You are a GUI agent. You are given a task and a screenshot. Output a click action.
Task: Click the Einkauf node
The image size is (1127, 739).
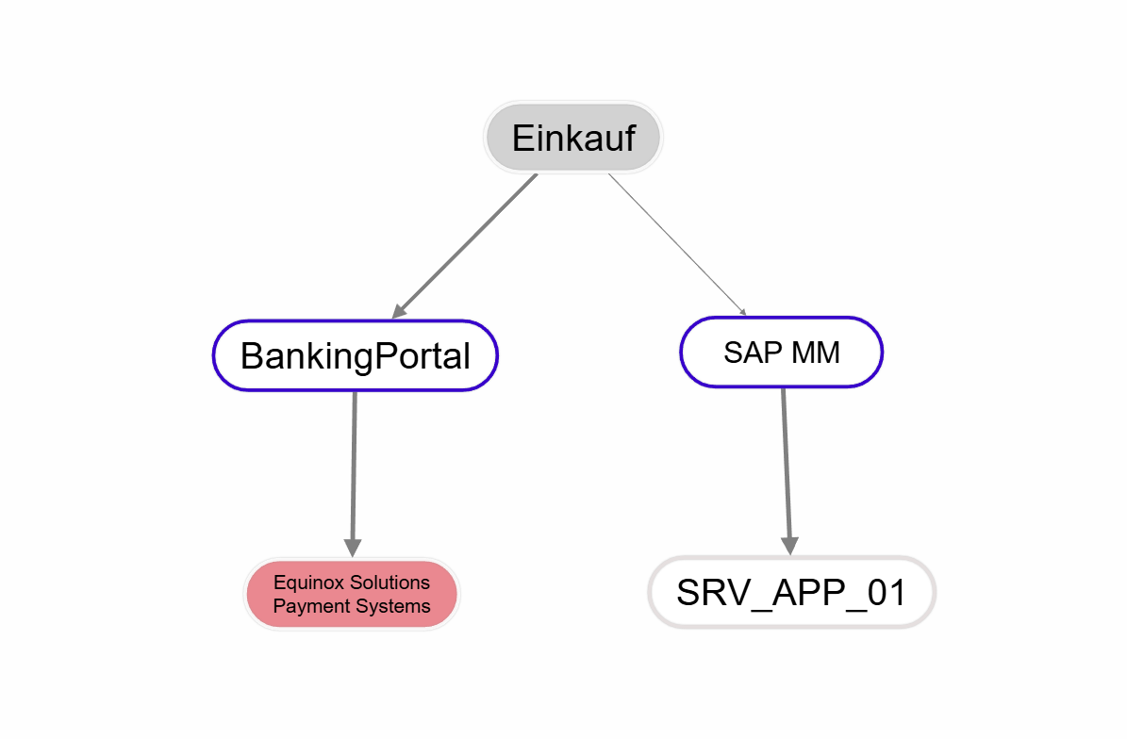click(573, 138)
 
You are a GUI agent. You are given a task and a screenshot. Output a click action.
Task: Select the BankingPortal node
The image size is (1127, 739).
click(355, 355)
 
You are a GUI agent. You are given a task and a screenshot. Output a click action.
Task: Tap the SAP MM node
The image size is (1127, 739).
click(781, 352)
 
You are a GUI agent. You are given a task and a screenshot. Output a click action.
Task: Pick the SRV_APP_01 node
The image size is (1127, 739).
click(791, 592)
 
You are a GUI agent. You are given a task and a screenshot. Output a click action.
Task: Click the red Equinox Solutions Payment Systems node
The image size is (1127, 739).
click(352, 594)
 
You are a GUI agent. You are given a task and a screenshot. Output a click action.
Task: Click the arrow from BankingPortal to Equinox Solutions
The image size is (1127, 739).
click(354, 467)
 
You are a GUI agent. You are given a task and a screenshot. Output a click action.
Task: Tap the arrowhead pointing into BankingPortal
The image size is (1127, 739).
click(399, 310)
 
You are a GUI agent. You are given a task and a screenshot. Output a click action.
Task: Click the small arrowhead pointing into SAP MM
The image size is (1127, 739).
click(743, 312)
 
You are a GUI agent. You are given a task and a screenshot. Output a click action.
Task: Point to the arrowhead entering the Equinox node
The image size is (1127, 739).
click(353, 547)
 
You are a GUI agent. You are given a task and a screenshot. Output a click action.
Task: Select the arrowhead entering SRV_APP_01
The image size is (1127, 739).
click(789, 545)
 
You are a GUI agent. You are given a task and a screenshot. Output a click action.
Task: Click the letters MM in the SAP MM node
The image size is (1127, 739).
click(816, 352)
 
